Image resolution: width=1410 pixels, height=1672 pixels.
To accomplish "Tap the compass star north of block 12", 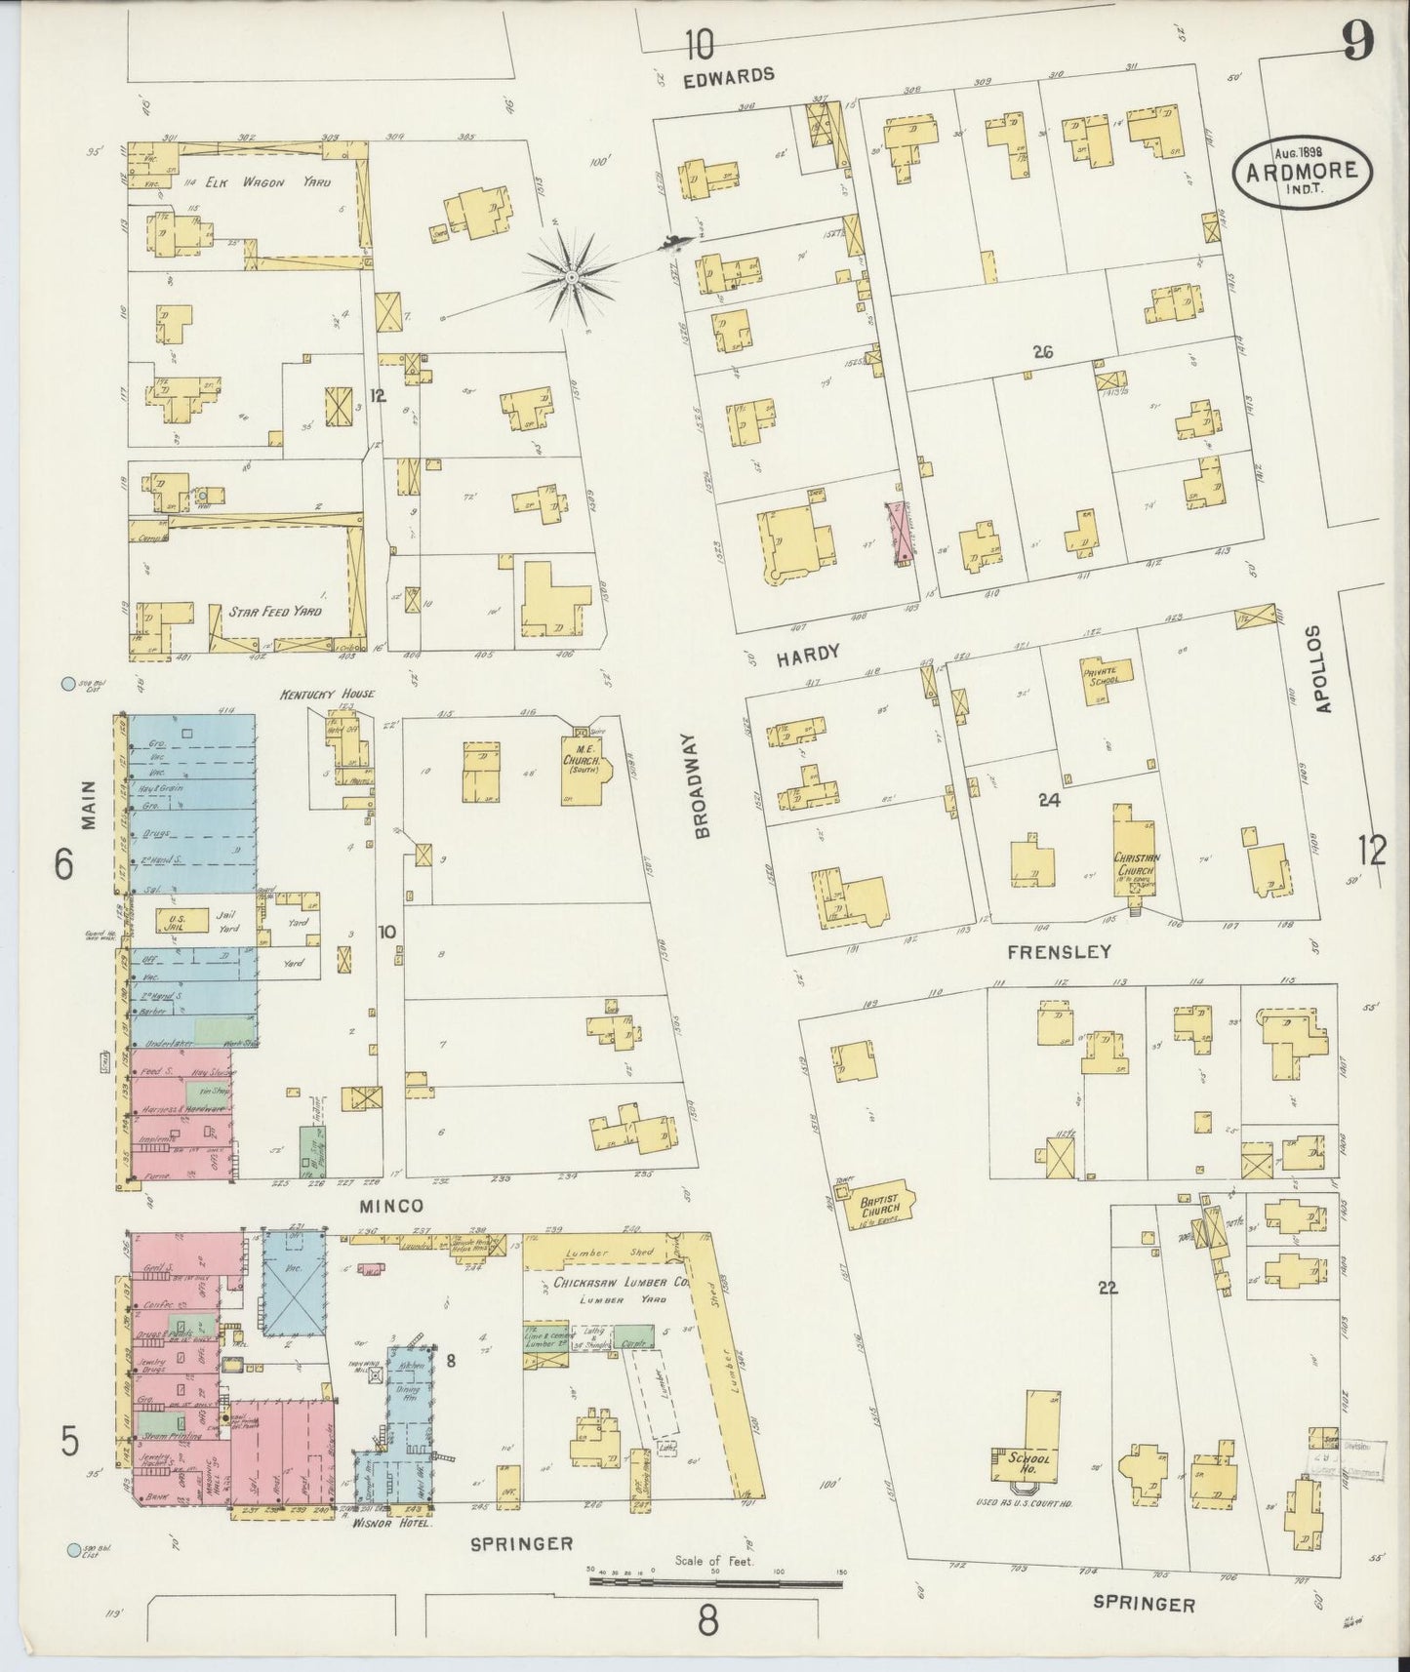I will [x=571, y=278].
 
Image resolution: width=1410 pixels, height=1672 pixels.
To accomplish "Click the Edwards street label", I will [x=729, y=74].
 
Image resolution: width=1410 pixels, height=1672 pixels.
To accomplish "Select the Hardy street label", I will [x=808, y=655].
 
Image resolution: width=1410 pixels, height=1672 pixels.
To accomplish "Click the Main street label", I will [x=89, y=805].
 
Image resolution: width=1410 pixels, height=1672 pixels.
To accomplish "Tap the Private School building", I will [x=1104, y=675].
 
